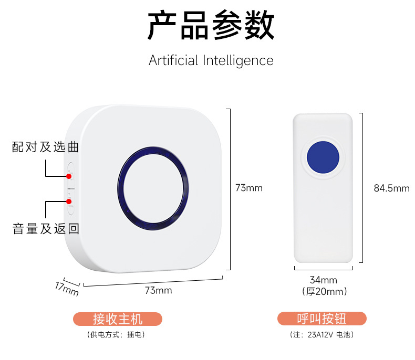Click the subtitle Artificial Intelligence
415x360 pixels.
click(x=211, y=60)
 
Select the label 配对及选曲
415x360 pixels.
click(x=46, y=147)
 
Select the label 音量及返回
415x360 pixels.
click(x=46, y=229)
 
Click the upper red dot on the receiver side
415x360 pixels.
click(x=69, y=176)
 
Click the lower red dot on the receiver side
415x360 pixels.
click(x=69, y=201)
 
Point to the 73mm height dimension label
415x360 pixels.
click(x=248, y=188)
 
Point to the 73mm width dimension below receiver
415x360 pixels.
click(x=158, y=290)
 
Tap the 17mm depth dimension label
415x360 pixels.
click(x=67, y=288)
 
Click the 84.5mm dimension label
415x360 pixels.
click(x=391, y=188)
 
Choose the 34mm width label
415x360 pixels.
click(x=324, y=280)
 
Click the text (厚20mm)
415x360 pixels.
click(x=324, y=291)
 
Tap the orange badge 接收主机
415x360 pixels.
click(x=118, y=319)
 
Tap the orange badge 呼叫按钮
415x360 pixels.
click(x=322, y=319)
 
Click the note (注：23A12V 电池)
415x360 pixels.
click(x=321, y=334)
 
